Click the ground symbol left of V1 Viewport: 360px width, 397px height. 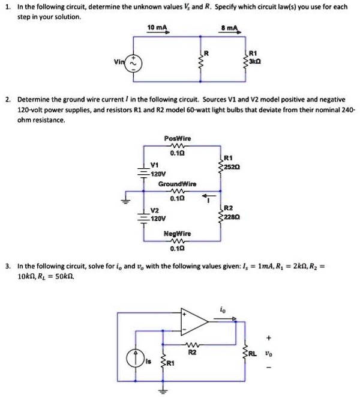tap(126, 201)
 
